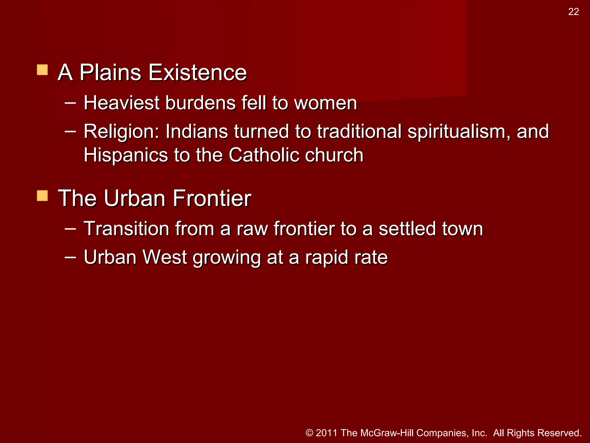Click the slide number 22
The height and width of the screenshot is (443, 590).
(573, 12)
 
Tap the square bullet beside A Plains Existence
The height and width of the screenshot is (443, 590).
(42, 70)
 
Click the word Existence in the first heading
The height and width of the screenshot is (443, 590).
(198, 72)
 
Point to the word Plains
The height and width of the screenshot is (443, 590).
(110, 72)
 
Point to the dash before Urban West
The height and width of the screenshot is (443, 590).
(70, 257)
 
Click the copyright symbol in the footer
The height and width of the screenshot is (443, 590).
(309, 433)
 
